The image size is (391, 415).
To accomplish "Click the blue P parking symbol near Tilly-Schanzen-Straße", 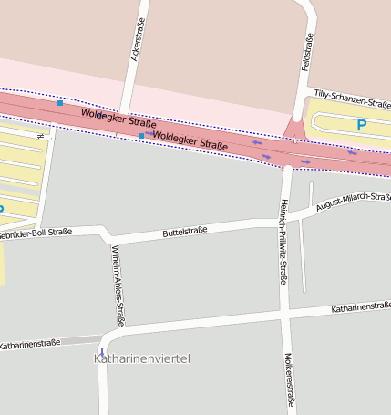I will [x=361, y=125].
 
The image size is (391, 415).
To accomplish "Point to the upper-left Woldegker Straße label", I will [x=118, y=118].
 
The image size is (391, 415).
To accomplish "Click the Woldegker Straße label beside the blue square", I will [x=190, y=140].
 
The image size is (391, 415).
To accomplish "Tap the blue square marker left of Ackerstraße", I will [x=60, y=103].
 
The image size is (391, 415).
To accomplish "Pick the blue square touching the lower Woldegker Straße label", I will [x=140, y=135].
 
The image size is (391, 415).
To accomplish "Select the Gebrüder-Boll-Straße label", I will [x=35, y=233].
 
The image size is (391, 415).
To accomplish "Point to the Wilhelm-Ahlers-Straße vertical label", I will [x=117, y=285].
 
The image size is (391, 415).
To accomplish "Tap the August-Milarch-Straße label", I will [x=354, y=202].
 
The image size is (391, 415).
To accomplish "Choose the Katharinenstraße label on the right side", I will [x=361, y=309].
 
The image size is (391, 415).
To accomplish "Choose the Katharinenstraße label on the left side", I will [x=30, y=344].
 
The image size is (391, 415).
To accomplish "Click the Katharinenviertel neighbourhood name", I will [x=142, y=359].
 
